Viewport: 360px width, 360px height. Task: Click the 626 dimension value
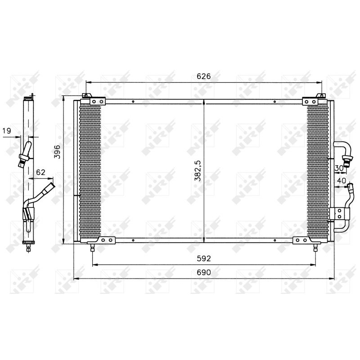point(204,76)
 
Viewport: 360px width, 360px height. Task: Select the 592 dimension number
point(204,259)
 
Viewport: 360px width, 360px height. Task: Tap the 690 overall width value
point(204,273)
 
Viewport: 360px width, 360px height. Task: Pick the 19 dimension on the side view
point(7,131)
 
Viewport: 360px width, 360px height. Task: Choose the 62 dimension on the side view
point(40,171)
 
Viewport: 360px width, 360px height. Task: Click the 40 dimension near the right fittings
point(341,181)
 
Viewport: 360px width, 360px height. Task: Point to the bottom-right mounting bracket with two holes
point(301,241)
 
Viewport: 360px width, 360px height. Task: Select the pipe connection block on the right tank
point(335,214)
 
